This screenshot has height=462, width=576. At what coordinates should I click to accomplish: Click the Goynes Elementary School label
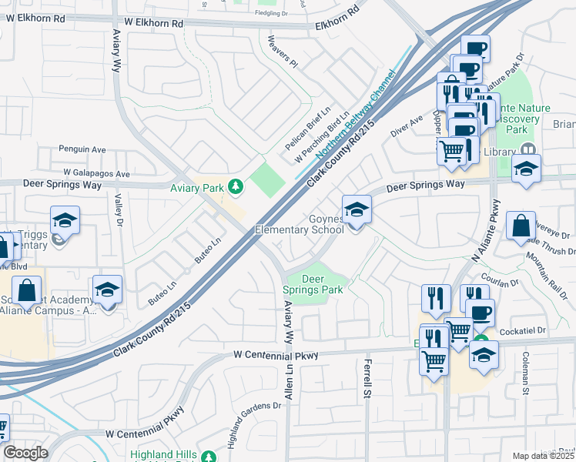[300, 224]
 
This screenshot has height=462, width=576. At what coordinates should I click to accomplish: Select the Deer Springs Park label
[312, 284]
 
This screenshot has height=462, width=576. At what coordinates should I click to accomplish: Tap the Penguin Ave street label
[82, 149]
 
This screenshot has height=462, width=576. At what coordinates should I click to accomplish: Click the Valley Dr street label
[119, 209]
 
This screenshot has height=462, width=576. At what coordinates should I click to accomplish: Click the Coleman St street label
[525, 373]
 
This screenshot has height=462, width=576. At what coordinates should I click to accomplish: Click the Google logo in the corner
[26, 453]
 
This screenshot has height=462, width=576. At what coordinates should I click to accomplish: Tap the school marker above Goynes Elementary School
[357, 209]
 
